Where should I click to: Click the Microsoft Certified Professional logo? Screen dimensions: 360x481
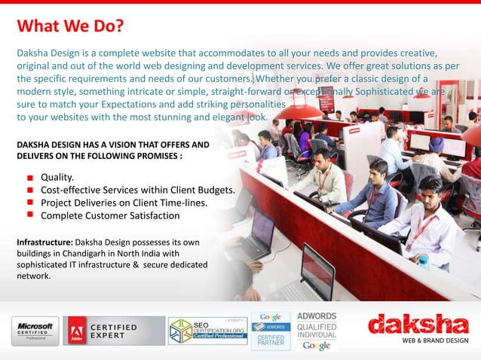35,330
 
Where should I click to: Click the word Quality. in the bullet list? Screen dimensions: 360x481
62,176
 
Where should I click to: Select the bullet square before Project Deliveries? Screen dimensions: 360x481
27,203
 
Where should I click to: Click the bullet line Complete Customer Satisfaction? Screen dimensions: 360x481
110,216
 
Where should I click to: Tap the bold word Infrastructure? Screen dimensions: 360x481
43,243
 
